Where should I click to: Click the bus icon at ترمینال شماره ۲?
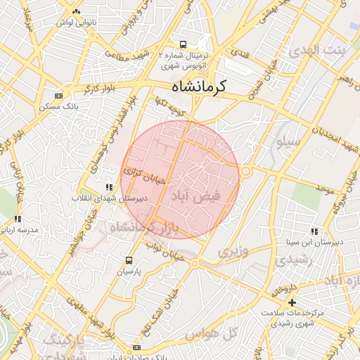184,44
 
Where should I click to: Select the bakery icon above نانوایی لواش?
76,12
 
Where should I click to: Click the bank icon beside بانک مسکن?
58,96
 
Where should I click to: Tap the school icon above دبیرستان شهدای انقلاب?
108,188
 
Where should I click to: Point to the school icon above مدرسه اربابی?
18,219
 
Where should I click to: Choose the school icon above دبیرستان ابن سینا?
314,231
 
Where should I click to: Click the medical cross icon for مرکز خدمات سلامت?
292,302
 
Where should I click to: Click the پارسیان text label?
129,271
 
